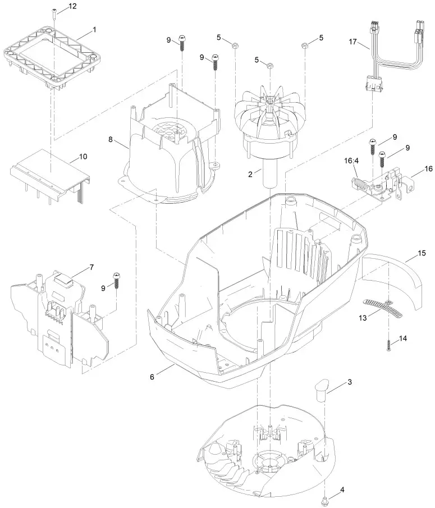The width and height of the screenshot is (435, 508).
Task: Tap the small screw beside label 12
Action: (54, 13)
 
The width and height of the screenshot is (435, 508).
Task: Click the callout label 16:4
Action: (351, 161)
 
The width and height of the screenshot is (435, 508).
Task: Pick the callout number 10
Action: (83, 157)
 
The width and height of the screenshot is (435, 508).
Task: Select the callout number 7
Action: (91, 268)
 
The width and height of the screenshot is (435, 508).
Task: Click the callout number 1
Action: (94, 29)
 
